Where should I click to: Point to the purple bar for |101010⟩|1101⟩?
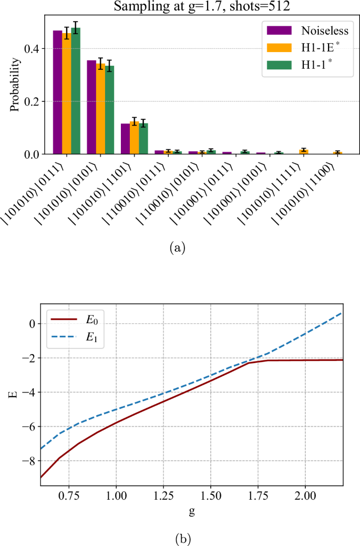125,139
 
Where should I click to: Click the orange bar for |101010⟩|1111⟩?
303,152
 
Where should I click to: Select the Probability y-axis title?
15,84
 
